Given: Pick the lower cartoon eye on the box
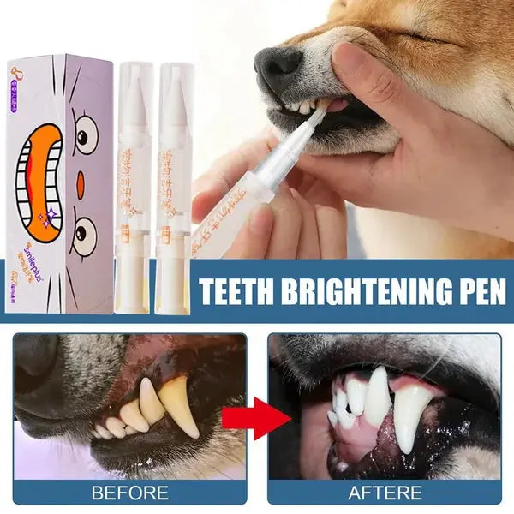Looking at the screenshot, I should pyautogui.click(x=83, y=236).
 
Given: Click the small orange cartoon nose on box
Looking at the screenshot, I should pyautogui.click(x=79, y=184).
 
